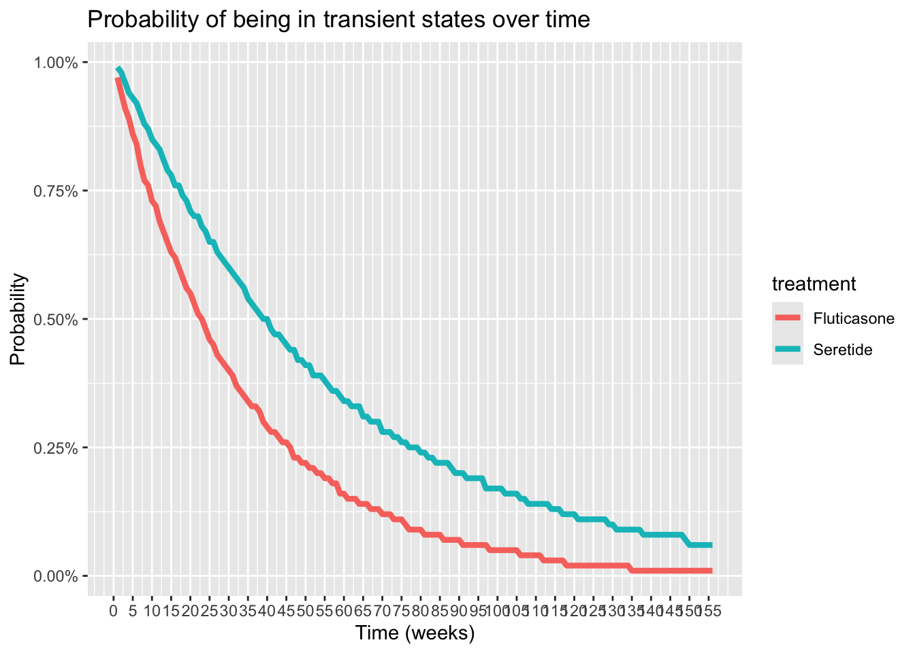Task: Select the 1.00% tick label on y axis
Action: point(57,63)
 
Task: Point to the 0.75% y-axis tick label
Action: point(57,191)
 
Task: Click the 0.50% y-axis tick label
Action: point(57,320)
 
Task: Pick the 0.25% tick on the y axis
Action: point(57,448)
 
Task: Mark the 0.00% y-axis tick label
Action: point(57,576)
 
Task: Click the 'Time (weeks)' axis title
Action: point(415,633)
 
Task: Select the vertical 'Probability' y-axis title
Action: point(18,320)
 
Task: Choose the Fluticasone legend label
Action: point(854,319)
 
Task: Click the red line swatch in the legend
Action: point(787,318)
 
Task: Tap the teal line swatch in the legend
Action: point(787,350)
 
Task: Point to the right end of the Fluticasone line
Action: point(711,571)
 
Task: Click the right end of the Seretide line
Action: point(711,545)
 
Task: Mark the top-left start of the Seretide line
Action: point(118,68)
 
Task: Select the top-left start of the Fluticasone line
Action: point(117,79)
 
